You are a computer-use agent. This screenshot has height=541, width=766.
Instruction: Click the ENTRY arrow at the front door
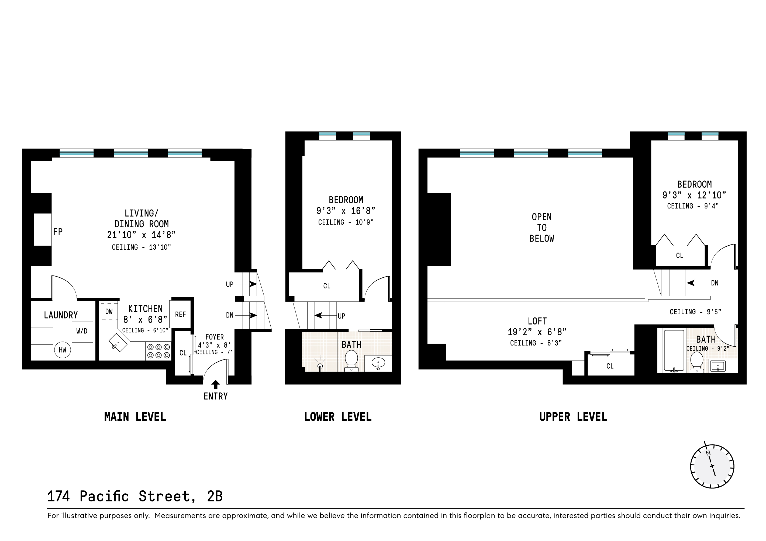(216, 384)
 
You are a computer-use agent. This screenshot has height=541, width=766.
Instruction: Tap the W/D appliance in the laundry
(82, 331)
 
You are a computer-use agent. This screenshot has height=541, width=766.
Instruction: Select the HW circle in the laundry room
(62, 350)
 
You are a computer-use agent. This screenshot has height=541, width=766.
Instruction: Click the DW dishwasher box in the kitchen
(109, 311)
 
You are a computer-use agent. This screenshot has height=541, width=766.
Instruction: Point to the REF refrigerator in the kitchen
(180, 314)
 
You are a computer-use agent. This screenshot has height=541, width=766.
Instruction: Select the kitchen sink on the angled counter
(118, 342)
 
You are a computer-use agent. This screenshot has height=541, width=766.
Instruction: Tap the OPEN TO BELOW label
(541, 228)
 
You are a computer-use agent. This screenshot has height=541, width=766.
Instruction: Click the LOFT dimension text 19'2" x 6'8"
(537, 332)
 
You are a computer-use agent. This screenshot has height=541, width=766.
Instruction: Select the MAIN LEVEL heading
(135, 417)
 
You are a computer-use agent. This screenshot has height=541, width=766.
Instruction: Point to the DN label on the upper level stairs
(715, 283)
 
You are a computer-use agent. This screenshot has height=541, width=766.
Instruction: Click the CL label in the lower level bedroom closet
(327, 286)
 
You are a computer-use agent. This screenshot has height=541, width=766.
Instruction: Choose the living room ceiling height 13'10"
(142, 247)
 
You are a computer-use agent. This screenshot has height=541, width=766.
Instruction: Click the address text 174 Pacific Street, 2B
(135, 496)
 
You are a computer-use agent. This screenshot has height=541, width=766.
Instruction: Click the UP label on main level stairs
(230, 284)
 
